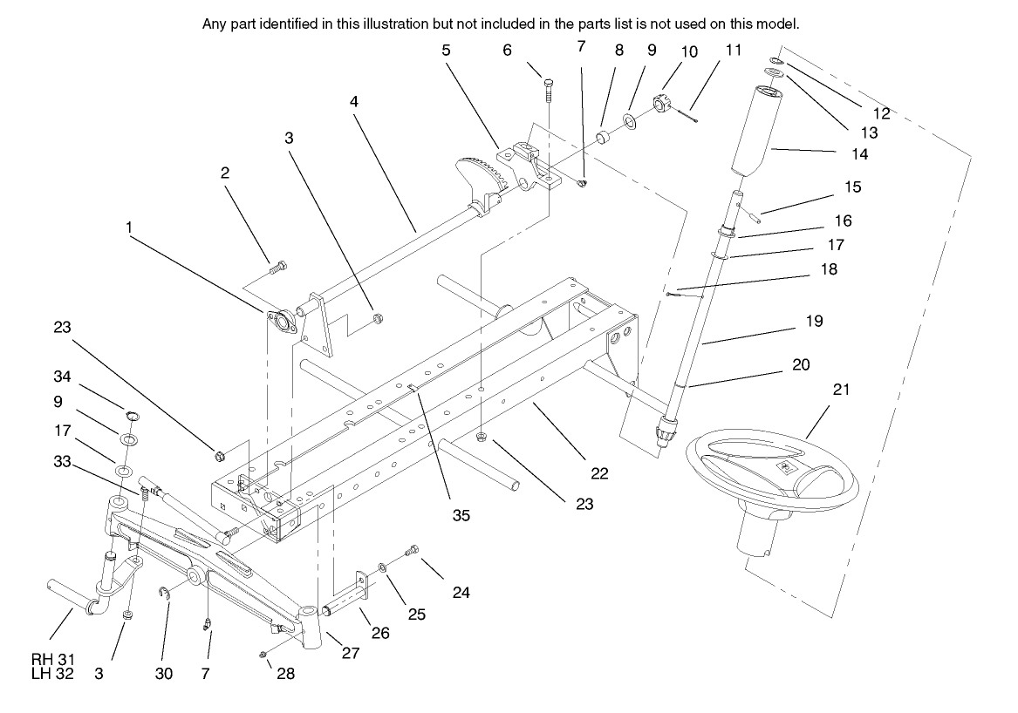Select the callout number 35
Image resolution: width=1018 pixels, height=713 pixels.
click(x=461, y=515)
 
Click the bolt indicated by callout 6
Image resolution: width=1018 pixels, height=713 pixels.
click(x=548, y=85)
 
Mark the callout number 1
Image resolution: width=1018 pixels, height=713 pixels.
click(x=129, y=227)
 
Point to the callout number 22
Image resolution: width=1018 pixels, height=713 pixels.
click(x=598, y=474)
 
